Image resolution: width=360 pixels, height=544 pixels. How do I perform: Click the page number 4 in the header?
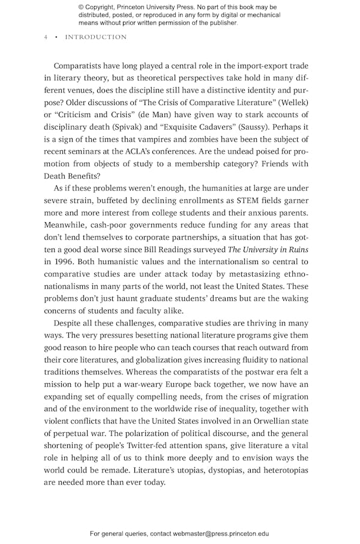pyautogui.click(x=46, y=37)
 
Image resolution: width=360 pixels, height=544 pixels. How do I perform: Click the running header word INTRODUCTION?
pyautogui.click(x=96, y=37)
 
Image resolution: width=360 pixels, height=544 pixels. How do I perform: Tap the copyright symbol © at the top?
pyautogui.click(x=81, y=7)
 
